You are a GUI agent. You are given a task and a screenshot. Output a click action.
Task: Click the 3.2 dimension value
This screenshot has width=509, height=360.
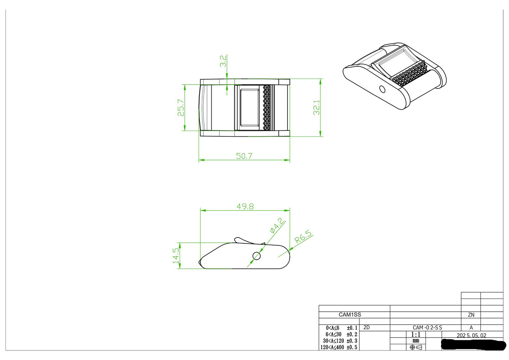pyautogui.click(x=223, y=61)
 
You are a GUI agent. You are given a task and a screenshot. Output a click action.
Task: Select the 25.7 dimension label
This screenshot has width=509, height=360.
pyautogui.click(x=181, y=107)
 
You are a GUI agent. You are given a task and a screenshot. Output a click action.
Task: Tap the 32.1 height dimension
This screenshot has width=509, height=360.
pyautogui.click(x=317, y=107)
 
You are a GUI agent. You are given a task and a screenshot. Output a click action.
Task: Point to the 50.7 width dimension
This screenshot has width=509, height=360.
pyautogui.click(x=244, y=156)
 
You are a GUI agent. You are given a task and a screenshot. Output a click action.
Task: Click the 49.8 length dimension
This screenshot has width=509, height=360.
pyautogui.click(x=245, y=206)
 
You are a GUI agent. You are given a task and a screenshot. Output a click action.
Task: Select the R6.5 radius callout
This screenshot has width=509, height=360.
pyautogui.click(x=303, y=237)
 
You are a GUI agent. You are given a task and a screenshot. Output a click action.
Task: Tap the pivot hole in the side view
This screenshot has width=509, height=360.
pyautogui.click(x=256, y=256)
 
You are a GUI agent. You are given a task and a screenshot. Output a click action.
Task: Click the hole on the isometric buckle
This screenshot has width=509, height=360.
pyautogui.click(x=382, y=89)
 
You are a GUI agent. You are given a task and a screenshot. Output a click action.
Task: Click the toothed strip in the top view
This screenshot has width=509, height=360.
pyautogui.click(x=267, y=107)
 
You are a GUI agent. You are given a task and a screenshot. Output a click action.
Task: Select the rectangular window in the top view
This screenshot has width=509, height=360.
pyautogui.click(x=249, y=107)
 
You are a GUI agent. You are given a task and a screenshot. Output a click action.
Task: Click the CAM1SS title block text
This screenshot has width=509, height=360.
pyautogui.click(x=350, y=315)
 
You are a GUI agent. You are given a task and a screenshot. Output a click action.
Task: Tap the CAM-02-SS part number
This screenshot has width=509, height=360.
pyautogui.click(x=427, y=328)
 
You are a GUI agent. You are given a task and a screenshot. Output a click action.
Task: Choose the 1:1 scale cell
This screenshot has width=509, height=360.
pyautogui.click(x=416, y=335)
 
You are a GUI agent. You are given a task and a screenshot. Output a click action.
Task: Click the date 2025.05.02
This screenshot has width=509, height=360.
pyautogui.click(x=471, y=335)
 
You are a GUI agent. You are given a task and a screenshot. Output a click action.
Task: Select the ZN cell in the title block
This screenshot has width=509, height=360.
pyautogui.click(x=471, y=315)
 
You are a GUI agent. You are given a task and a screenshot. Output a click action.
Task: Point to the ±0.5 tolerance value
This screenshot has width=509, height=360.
pyautogui.click(x=352, y=347)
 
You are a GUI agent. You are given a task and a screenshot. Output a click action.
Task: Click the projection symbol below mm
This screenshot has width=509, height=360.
pyautogui.click(x=416, y=347)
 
